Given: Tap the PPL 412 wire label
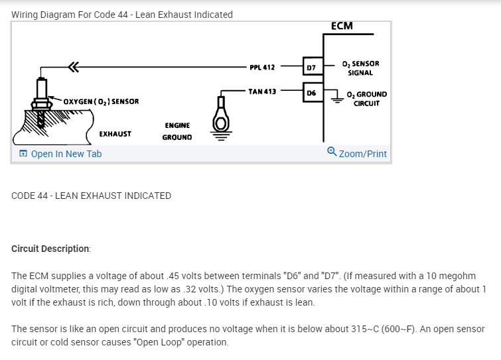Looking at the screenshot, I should click(x=262, y=67).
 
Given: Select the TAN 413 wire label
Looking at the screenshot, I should click(x=262, y=91).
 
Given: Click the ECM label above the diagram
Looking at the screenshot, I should click(x=341, y=27).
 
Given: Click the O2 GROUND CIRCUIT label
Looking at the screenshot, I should click(x=366, y=99).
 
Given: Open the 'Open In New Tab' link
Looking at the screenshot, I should click(x=60, y=154).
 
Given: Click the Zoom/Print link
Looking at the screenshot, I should click(x=362, y=154).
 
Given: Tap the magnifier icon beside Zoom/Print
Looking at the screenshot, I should click(x=332, y=152).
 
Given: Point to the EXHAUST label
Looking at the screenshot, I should click(x=115, y=134).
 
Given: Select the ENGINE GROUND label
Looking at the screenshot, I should click(x=177, y=131).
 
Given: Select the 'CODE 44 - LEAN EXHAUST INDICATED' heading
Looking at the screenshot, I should click(x=92, y=196).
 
